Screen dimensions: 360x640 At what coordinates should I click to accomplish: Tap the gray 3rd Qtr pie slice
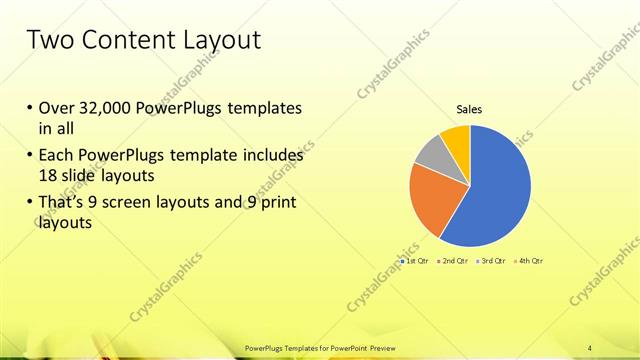[430, 156]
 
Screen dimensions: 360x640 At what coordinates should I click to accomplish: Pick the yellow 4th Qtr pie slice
[456, 138]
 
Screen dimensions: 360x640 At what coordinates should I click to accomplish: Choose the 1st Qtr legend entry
[416, 261]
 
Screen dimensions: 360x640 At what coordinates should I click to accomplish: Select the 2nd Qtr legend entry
[453, 261]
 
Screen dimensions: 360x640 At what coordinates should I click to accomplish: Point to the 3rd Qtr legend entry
[490, 261]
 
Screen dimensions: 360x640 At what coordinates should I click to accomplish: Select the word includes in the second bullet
[272, 157]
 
